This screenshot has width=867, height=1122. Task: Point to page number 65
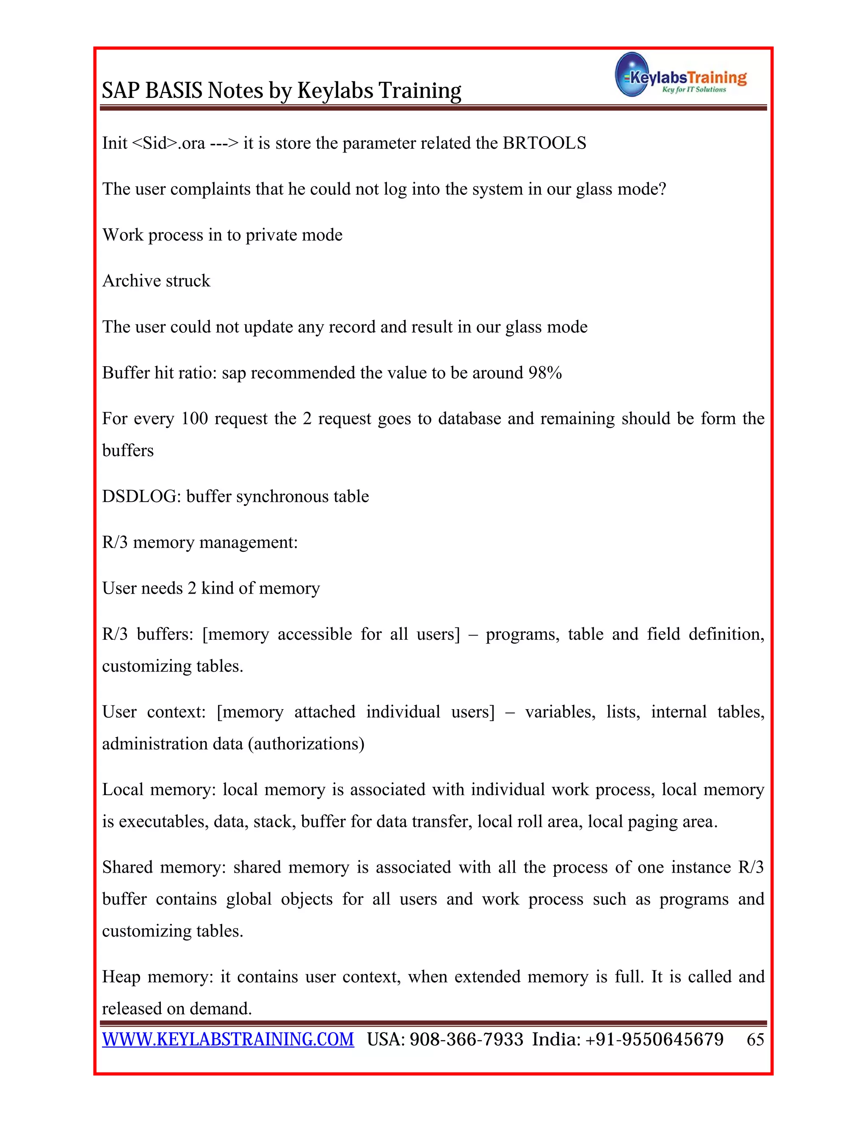[x=755, y=1039]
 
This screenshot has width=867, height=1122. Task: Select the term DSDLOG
[x=141, y=496]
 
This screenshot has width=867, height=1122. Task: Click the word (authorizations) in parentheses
[x=306, y=743]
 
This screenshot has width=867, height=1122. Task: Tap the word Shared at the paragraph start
[x=127, y=867]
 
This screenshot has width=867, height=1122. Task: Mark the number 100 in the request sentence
[x=194, y=418]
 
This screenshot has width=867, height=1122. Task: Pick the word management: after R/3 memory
[x=248, y=542]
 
